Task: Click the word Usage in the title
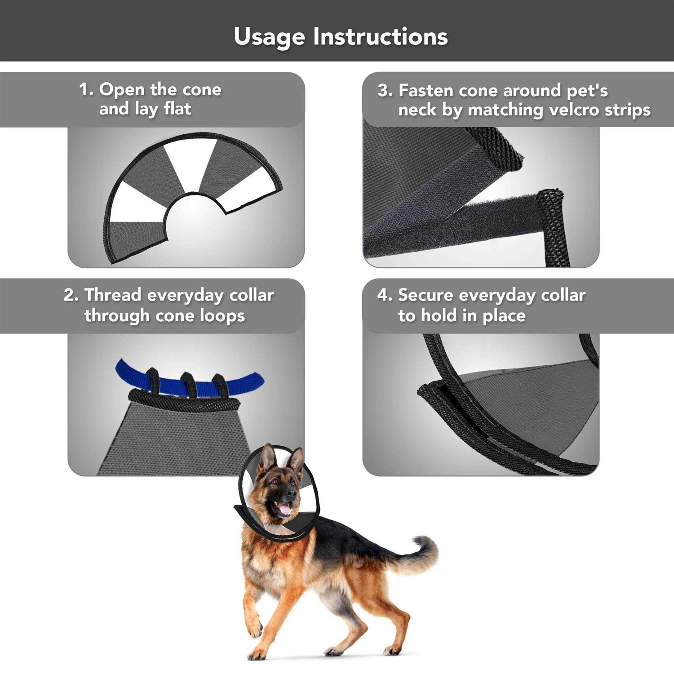[x=269, y=37]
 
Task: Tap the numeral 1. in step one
[x=87, y=89]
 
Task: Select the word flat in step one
[x=177, y=108]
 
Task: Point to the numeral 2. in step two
[x=71, y=295]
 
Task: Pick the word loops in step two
[x=222, y=316]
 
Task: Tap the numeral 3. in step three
[x=385, y=90]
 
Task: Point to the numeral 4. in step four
[x=385, y=295]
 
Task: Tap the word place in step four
[x=504, y=316]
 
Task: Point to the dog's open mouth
[x=284, y=508]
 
